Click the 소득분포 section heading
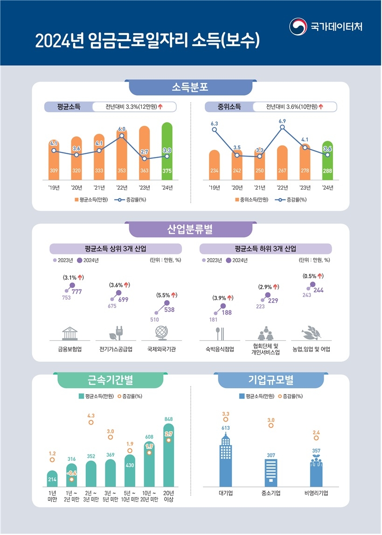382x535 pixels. tap(190, 87)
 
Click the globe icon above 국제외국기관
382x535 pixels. tap(160, 334)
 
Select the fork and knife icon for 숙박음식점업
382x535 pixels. tap(219, 334)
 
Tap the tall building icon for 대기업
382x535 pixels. tap(226, 461)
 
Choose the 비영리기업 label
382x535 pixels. tap(316, 493)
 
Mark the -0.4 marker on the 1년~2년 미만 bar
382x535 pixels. tap(71, 479)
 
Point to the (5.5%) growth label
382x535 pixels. tap(167, 295)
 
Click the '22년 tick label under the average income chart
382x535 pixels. tap(121, 188)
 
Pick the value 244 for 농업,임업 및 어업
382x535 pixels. tap(319, 290)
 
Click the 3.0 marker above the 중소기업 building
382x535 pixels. tap(271, 425)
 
